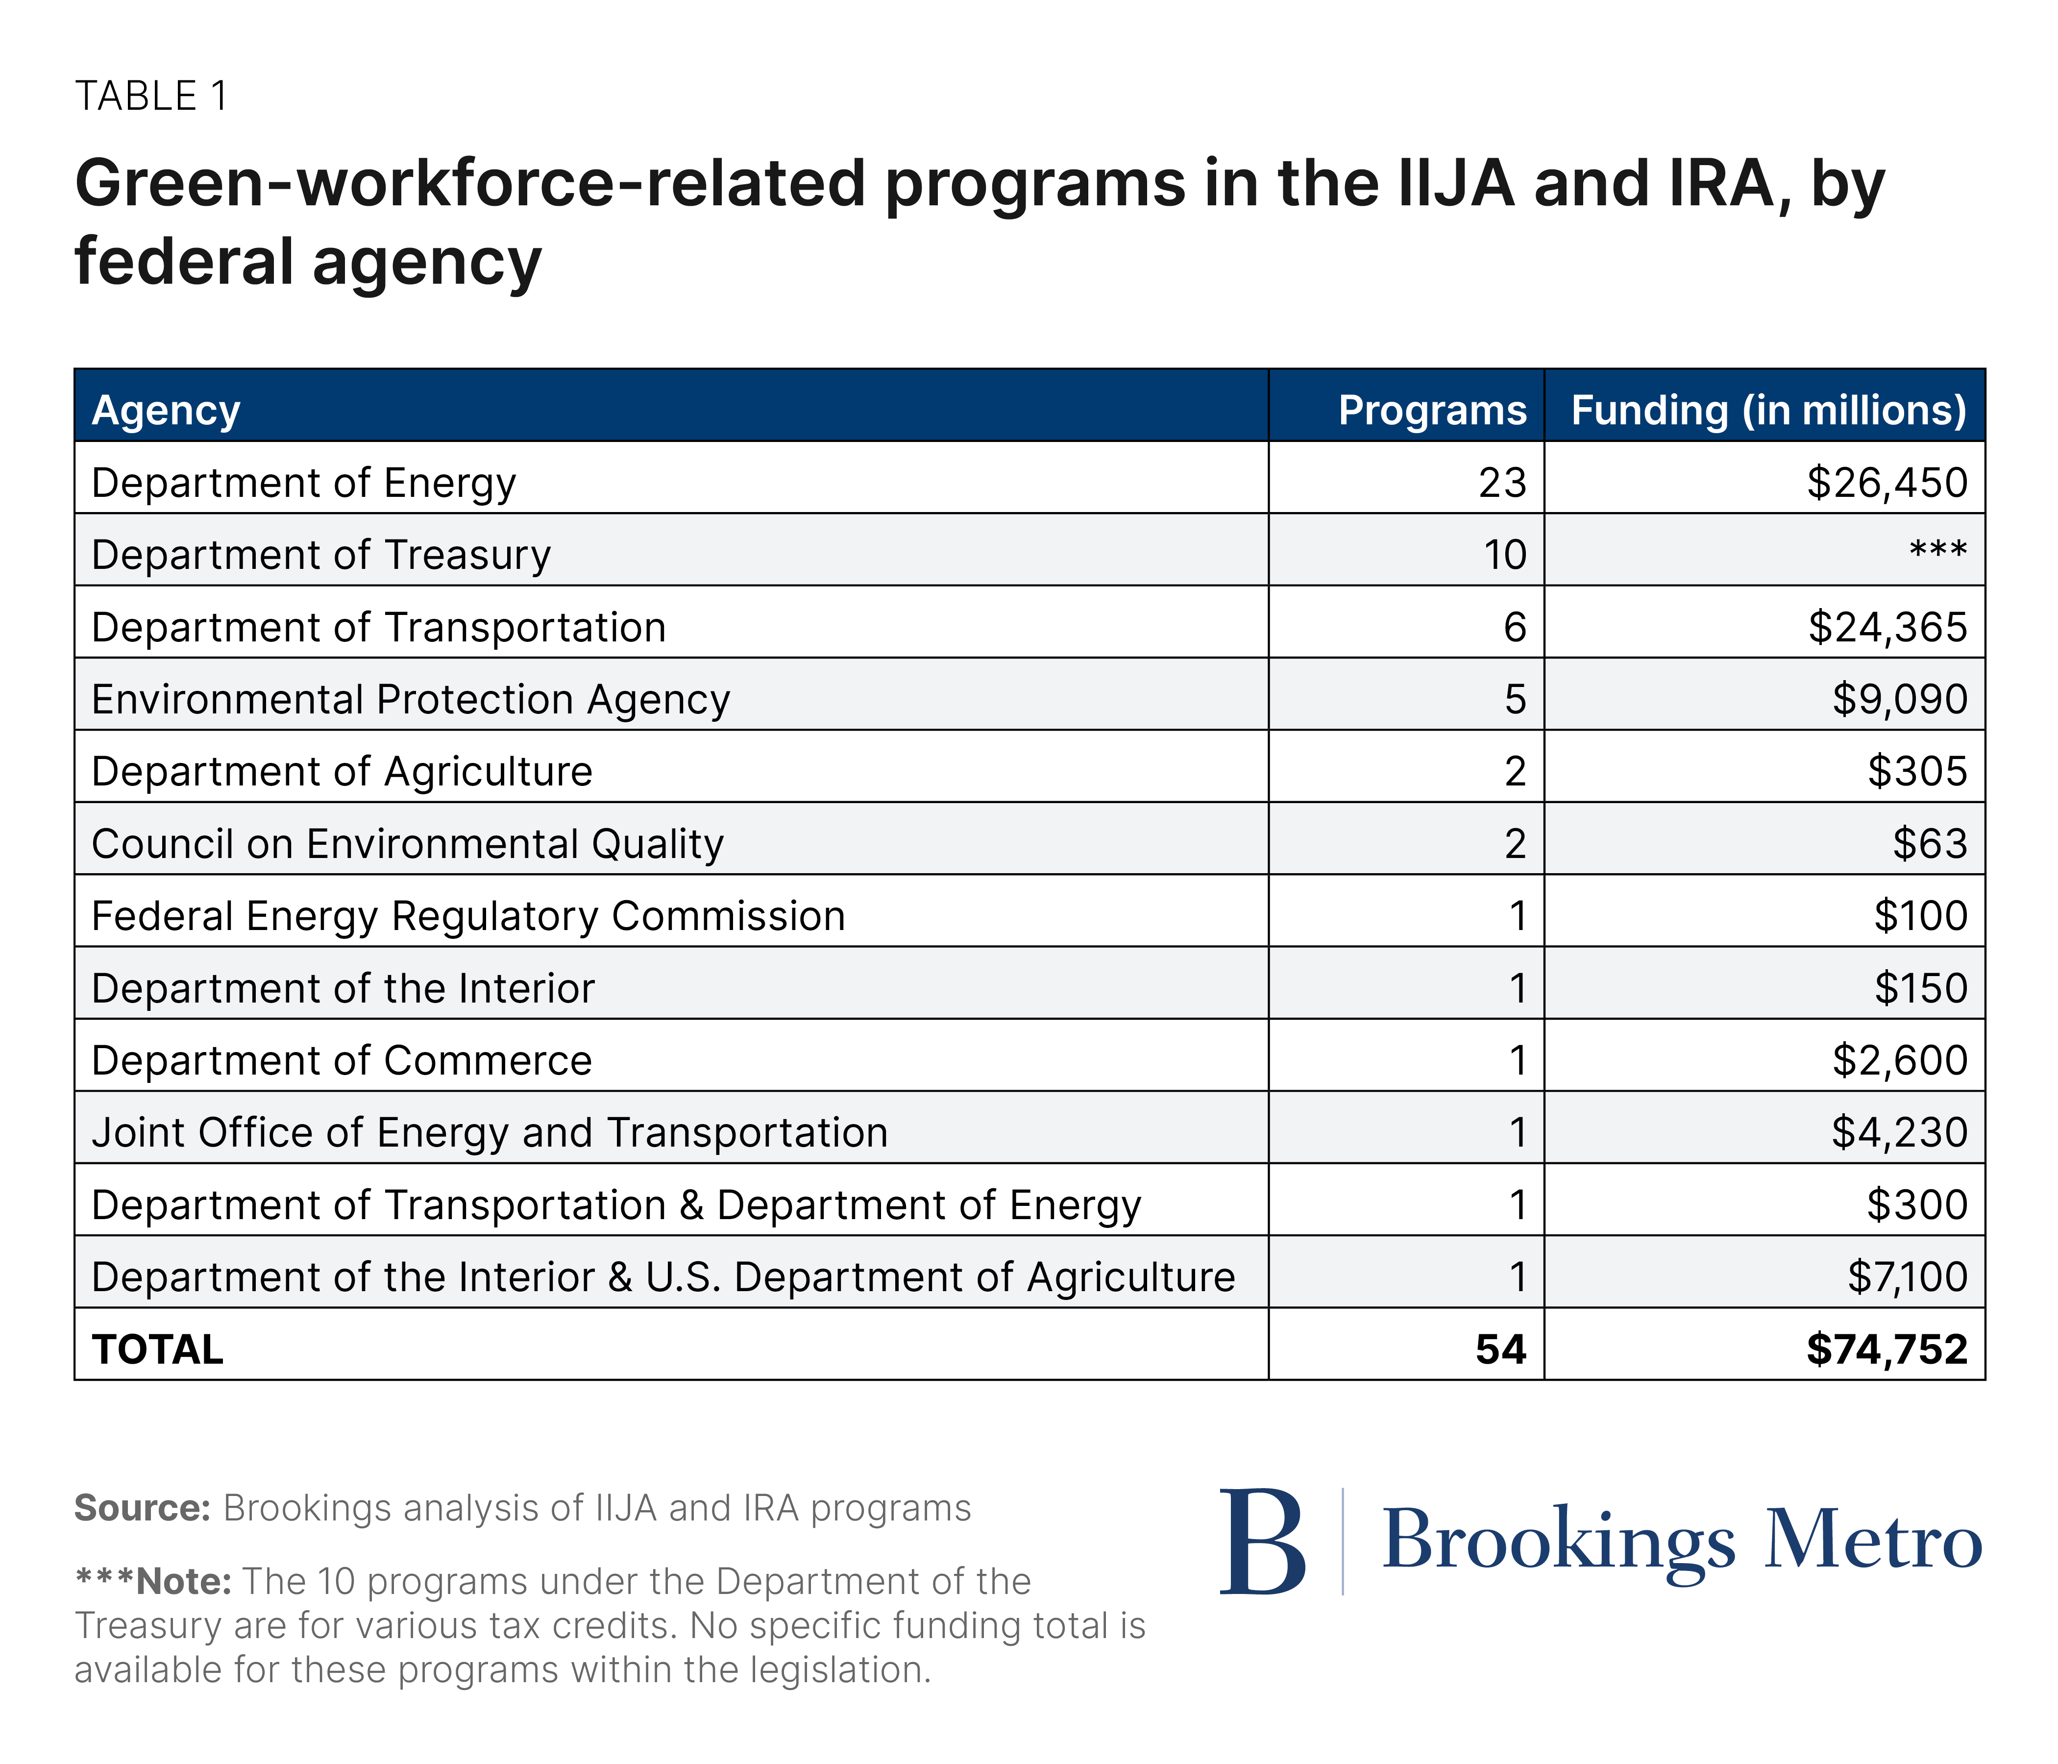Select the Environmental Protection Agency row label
(410, 699)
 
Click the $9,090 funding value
(1899, 699)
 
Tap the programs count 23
(1502, 483)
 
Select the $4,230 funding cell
(1899, 1132)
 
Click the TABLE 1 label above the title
(151, 97)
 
